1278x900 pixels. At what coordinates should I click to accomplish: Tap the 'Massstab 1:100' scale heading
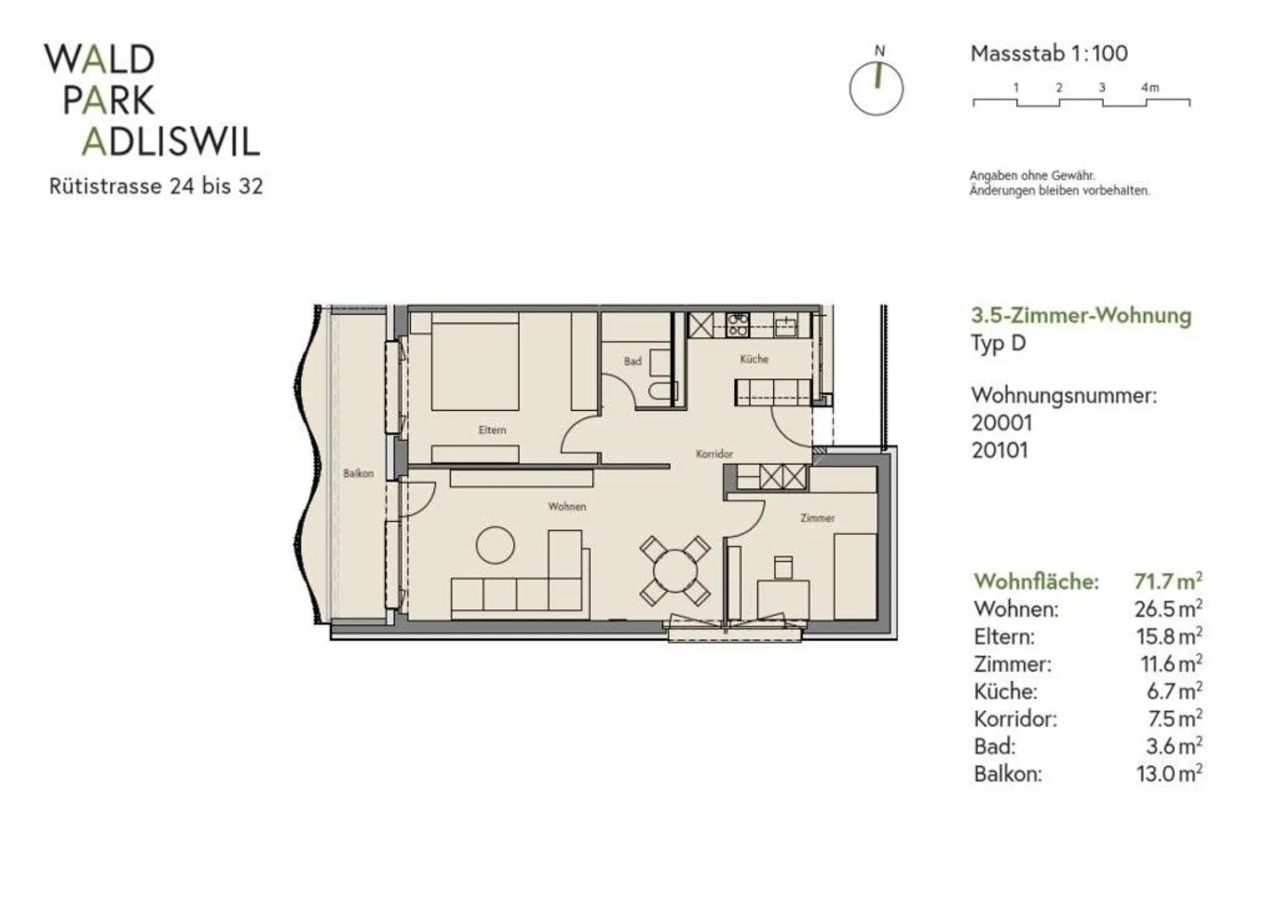(x=1049, y=53)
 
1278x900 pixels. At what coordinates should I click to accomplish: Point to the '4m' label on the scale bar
(x=1150, y=87)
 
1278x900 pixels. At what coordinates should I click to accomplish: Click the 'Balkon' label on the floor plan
(x=359, y=473)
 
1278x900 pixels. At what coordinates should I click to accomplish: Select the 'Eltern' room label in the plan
(x=493, y=430)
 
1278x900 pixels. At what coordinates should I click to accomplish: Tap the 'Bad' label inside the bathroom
(x=632, y=361)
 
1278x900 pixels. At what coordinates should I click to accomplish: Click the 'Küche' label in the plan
(x=754, y=359)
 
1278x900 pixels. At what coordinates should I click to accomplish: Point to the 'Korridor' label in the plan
(x=714, y=454)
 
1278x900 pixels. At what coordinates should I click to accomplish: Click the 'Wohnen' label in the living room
(x=567, y=506)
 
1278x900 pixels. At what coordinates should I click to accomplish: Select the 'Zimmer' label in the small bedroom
(x=817, y=518)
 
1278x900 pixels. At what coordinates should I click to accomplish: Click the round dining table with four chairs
(x=674, y=571)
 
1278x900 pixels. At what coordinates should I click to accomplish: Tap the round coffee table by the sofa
(x=494, y=546)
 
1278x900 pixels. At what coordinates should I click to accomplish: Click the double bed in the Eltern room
(x=475, y=361)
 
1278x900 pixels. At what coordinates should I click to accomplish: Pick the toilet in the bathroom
(x=662, y=392)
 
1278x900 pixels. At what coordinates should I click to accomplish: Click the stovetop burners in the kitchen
(x=738, y=324)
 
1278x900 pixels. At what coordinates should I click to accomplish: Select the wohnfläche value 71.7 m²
(x=1168, y=581)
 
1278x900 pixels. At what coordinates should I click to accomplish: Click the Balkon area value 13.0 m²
(x=1169, y=774)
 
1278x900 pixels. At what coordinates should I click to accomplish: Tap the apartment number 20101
(x=999, y=451)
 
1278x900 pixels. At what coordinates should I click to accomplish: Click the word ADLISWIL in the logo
(x=171, y=142)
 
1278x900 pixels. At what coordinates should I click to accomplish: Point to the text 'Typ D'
(x=998, y=343)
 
